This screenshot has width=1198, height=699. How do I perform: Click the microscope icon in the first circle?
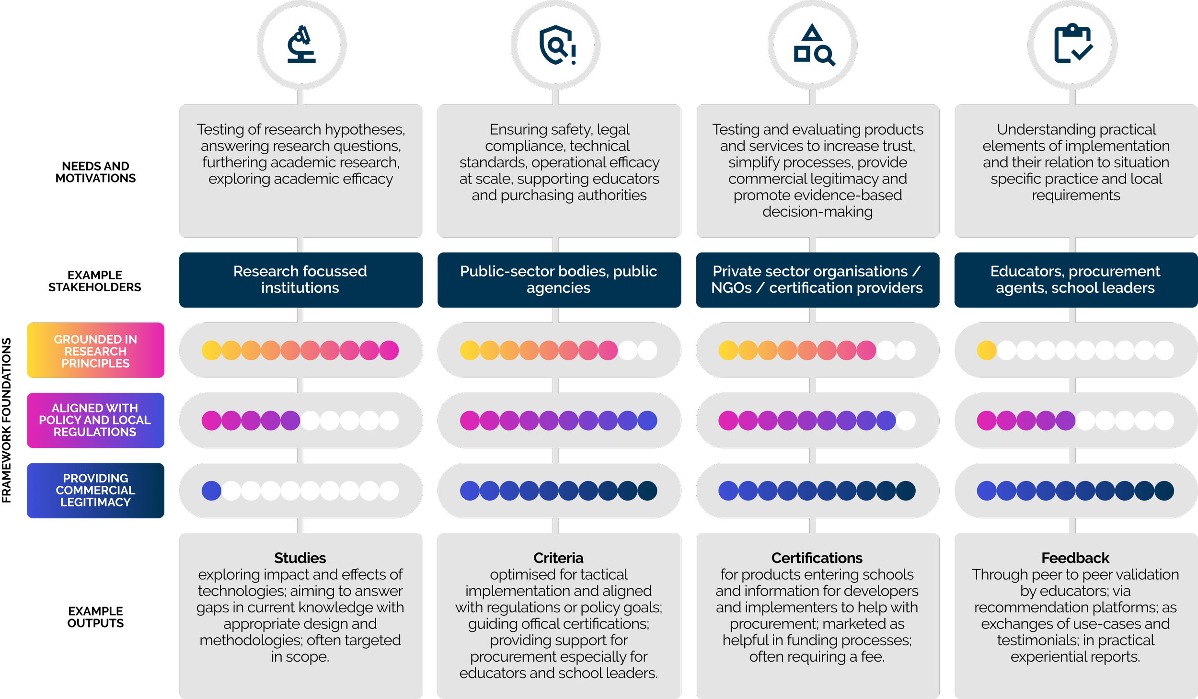301,45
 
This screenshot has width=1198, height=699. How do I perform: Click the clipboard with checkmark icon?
1072,45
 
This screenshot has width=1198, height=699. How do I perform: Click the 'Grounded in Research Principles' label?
95,351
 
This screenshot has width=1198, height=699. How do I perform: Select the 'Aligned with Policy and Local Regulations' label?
95,420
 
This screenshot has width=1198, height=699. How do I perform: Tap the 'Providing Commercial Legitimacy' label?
95,490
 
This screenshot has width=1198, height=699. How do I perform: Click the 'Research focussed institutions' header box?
300,279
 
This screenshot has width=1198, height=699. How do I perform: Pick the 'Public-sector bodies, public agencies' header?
559,279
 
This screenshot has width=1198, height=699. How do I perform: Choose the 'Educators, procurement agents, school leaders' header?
1075,279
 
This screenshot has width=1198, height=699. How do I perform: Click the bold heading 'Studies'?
300,558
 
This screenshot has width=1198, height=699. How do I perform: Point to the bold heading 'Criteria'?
558,558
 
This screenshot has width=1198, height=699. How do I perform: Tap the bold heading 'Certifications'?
817,558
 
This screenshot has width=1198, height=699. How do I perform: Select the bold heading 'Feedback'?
1075,558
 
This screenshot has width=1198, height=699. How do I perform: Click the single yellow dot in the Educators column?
986,350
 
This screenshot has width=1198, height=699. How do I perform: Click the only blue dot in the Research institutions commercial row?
211,491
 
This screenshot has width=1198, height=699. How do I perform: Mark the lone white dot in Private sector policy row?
906,421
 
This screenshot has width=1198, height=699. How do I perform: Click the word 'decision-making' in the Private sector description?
818,211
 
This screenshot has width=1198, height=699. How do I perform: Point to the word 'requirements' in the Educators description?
1076,195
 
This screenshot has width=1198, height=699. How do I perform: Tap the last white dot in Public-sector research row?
647,350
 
